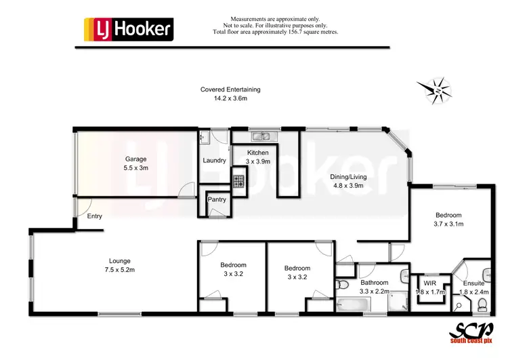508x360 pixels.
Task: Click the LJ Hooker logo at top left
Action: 128,29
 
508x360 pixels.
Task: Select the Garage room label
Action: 135,163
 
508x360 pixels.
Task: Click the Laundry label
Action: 214,161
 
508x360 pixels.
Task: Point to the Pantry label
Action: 217,199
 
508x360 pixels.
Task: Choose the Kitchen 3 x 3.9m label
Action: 258,157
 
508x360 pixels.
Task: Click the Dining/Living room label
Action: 347,181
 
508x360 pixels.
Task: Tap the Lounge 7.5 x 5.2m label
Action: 119,265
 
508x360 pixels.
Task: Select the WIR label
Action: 429,283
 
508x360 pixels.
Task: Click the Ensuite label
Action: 473,283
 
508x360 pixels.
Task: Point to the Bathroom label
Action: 374,283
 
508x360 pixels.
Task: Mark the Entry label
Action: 95,216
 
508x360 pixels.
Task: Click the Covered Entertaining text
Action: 230,89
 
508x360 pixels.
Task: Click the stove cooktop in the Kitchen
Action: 239,182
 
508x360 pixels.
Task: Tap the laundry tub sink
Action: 203,138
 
